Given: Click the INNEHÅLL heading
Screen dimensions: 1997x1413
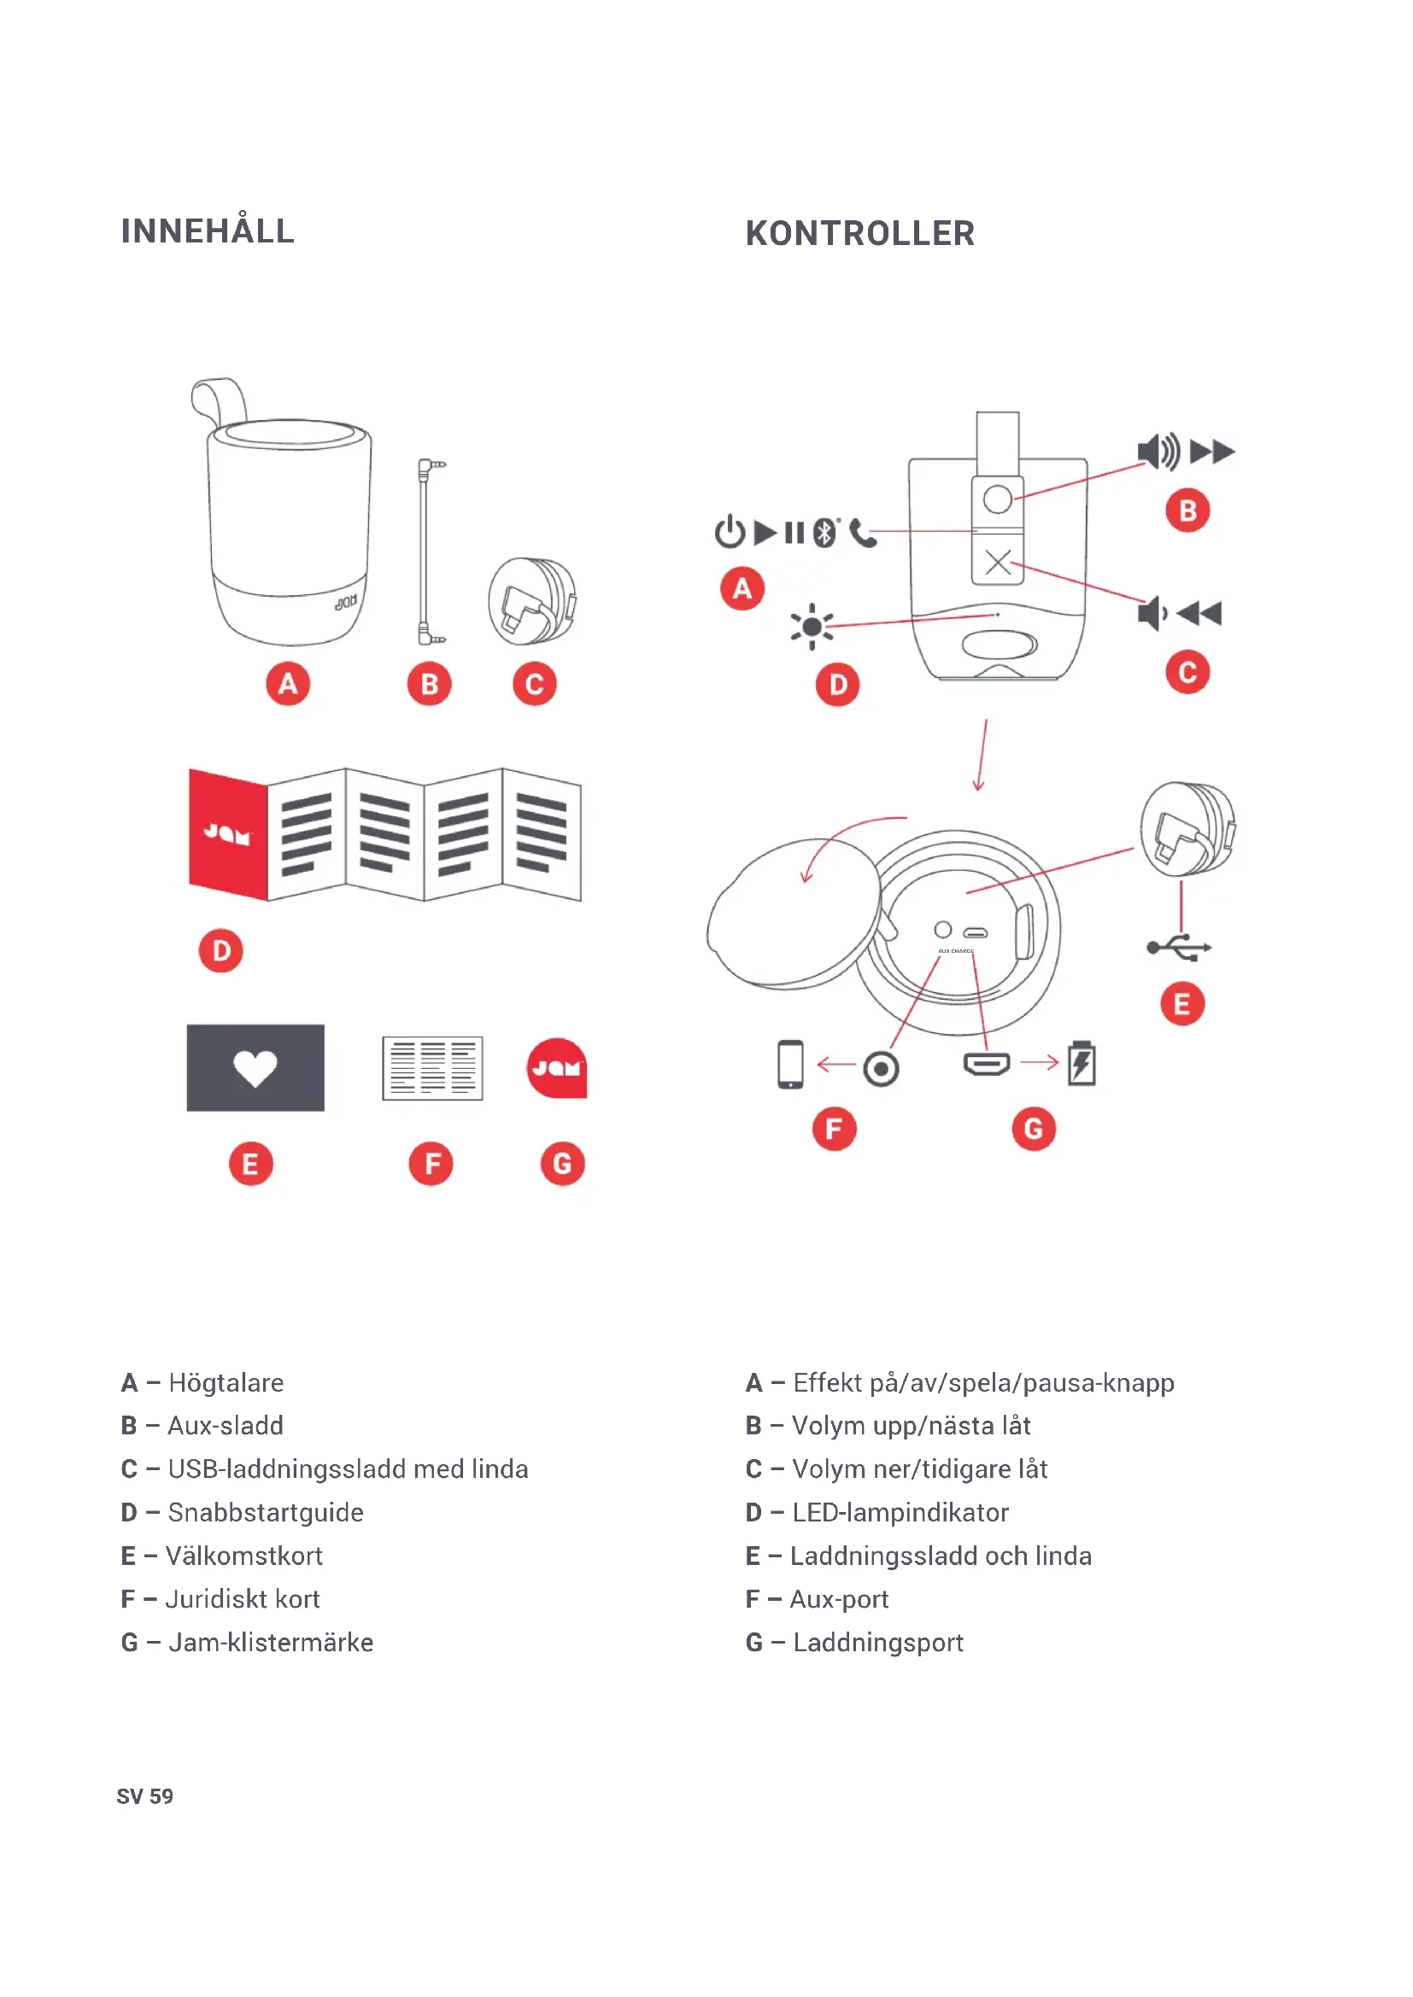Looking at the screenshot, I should point(207,231).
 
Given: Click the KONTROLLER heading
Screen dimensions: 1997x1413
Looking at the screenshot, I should point(859,234).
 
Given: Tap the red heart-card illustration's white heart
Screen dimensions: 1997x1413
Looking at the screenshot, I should point(255,1068).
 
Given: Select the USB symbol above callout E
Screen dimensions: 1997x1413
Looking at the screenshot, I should point(1179,947).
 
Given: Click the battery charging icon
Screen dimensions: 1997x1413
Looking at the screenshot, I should point(1082,1063).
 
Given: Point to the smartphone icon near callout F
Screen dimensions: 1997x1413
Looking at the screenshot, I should point(790,1064).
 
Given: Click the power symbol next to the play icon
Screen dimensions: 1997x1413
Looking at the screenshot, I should point(729,532).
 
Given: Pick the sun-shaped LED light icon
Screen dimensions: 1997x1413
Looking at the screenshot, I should point(812,626).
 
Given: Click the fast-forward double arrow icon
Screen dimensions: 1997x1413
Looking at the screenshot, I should point(1212,452).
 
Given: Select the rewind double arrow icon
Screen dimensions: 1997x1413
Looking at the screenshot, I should point(1199,614).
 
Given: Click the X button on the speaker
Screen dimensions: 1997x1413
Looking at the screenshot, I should point(998,562).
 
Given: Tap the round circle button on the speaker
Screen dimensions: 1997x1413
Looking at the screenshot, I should point(998,499).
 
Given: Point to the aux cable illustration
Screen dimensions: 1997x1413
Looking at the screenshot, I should point(426,552).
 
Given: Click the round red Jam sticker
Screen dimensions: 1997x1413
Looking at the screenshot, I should point(557,1067).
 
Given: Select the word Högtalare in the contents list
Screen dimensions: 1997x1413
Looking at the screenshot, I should point(226,1383).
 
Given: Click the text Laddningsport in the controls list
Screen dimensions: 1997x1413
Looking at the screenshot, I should point(878,1642).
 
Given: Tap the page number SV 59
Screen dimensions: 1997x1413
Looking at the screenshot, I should point(144,1797).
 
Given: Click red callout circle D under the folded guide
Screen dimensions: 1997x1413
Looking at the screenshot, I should point(221,950).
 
